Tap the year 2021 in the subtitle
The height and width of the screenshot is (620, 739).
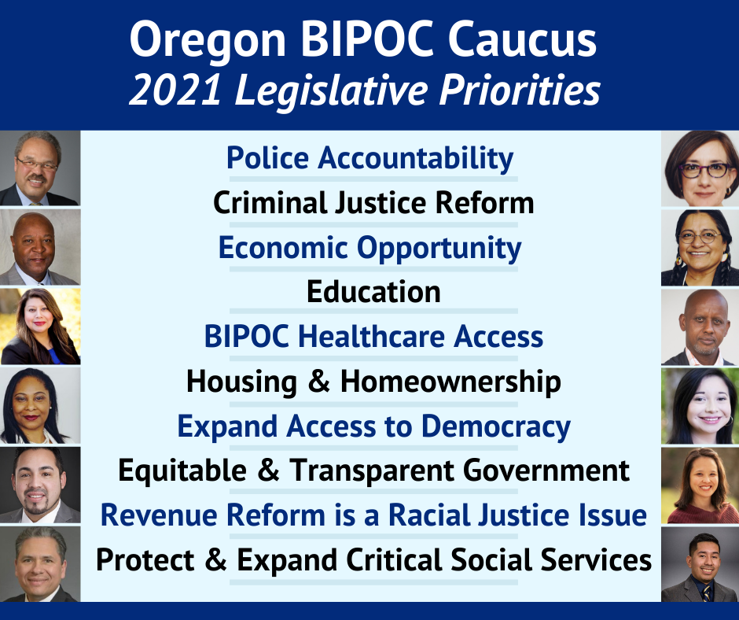(175, 90)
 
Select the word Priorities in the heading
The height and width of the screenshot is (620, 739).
(520, 90)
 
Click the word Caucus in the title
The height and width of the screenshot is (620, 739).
(522, 39)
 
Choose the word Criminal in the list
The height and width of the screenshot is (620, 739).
(270, 202)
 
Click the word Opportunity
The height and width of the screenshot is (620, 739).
(439, 249)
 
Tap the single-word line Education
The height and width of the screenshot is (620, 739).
(373, 292)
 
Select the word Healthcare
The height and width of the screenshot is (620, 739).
(371, 337)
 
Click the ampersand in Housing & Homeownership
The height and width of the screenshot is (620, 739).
(318, 382)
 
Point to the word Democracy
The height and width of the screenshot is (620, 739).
(495, 427)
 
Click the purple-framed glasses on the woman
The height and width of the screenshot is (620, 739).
(704, 170)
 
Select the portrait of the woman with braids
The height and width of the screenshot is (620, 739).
(700, 248)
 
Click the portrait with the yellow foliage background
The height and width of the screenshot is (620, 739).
(40, 327)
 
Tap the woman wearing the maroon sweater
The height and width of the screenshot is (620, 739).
(700, 485)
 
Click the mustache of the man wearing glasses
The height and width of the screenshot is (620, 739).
(36, 179)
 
